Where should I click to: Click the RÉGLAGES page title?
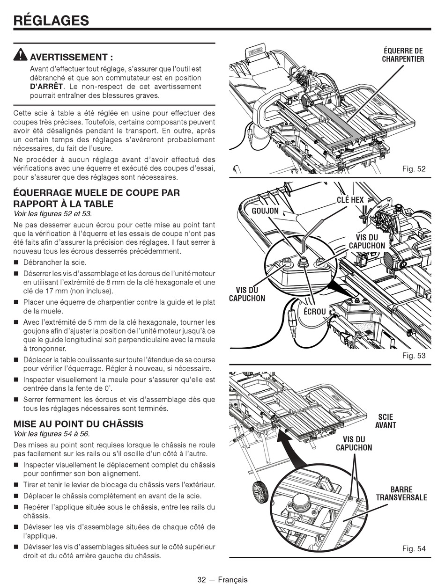coord(51,20)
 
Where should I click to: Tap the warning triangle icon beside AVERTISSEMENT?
coord(21,55)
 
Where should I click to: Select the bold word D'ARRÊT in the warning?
coord(46,87)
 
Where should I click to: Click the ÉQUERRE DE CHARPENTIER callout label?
coord(403,55)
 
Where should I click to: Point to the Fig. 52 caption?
coord(414,168)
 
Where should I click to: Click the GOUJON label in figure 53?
coord(265,211)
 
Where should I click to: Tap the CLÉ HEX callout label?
coord(350,200)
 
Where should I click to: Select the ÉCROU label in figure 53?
coord(315,311)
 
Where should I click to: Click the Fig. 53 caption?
coord(414,356)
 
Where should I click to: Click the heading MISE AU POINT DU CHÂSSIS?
coord(78,424)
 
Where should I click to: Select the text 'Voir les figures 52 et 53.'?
coord(53,214)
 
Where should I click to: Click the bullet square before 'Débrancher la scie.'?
coord(16,263)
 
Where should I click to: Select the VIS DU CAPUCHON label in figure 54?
coord(354,443)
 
